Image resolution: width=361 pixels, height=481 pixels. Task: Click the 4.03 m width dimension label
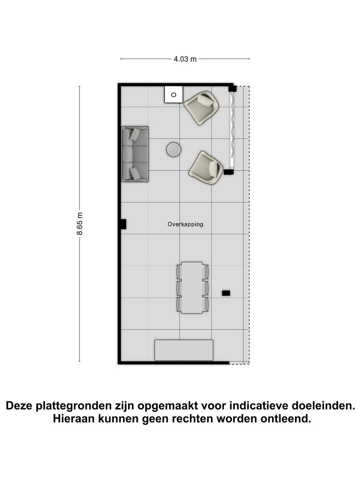coord(185,59)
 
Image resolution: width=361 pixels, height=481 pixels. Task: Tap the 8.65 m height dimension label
coord(80,223)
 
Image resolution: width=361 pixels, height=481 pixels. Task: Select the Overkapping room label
coord(185,224)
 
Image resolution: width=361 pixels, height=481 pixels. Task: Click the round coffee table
coord(173,150)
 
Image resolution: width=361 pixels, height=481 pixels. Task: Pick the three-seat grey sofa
coord(135,154)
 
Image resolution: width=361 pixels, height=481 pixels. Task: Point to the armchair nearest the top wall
coord(202,107)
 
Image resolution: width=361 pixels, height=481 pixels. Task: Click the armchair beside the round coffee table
coord(206,168)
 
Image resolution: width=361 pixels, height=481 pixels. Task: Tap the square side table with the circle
coord(173,95)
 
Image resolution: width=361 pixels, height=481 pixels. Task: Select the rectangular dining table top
coord(192,288)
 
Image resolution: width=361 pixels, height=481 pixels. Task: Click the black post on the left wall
coord(123,224)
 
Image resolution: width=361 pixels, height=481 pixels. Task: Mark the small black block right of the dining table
coord(226,293)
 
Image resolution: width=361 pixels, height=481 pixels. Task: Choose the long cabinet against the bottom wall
coord(184,350)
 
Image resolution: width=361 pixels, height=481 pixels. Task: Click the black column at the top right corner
coord(232,89)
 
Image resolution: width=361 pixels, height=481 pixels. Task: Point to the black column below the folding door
coord(228,172)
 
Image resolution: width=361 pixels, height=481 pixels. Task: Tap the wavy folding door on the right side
coord(232,130)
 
